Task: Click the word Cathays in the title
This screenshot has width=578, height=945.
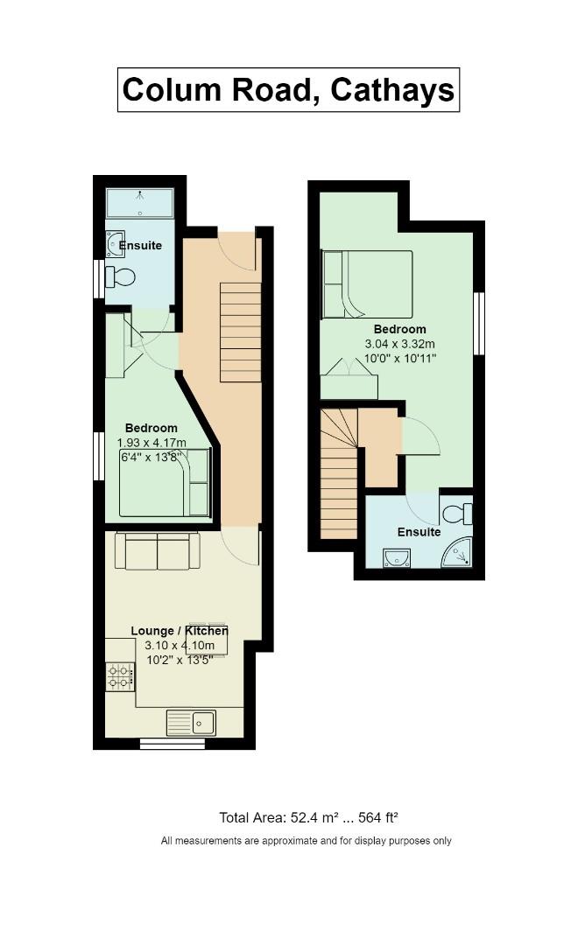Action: [392, 90]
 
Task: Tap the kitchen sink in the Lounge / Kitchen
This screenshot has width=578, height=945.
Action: [191, 723]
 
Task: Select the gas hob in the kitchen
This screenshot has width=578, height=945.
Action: [120, 676]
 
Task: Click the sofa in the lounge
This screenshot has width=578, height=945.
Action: [158, 551]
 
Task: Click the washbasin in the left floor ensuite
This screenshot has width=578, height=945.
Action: [115, 245]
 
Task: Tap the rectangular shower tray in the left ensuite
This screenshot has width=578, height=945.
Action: [140, 204]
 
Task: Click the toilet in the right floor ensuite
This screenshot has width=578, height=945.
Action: [457, 514]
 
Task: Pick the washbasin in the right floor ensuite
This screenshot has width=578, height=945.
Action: [397, 557]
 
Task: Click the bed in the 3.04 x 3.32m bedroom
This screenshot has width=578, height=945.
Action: [368, 284]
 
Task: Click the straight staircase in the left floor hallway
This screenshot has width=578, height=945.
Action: [240, 332]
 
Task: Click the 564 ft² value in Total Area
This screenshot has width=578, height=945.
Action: [378, 818]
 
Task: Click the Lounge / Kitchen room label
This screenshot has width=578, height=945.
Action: [180, 631]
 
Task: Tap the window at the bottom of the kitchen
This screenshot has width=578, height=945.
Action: [172, 744]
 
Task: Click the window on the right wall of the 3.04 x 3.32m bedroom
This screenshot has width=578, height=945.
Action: [479, 324]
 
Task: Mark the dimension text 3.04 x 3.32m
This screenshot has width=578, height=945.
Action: [400, 344]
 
